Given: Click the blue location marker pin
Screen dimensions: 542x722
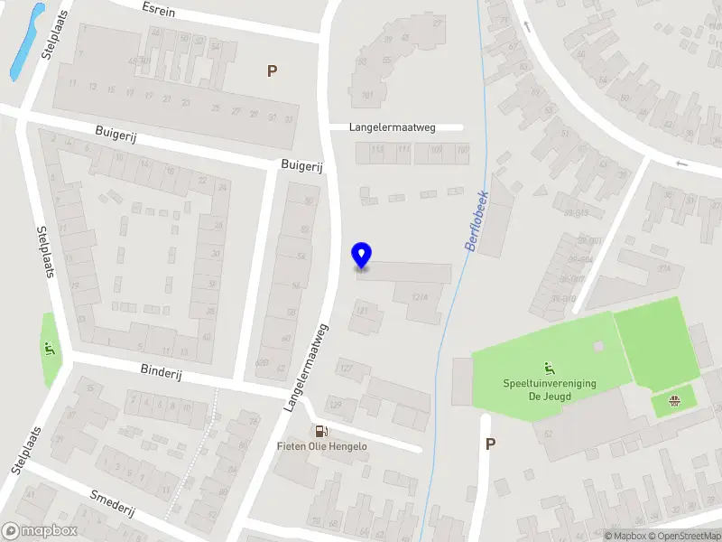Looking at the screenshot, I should click(x=362, y=256).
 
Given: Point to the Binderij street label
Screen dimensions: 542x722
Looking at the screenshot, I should click(x=162, y=371).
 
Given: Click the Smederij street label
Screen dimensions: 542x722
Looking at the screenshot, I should click(x=113, y=502).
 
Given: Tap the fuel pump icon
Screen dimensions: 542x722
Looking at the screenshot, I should click(x=320, y=431).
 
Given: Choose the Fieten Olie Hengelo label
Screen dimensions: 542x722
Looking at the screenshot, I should click(x=321, y=446).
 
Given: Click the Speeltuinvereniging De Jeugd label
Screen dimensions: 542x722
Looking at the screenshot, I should click(x=549, y=389).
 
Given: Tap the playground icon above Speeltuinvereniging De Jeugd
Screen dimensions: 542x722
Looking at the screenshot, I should click(x=548, y=368).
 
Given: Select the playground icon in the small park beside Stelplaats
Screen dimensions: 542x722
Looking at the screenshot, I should click(x=48, y=348).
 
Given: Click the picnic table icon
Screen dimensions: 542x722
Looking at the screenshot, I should click(x=673, y=400).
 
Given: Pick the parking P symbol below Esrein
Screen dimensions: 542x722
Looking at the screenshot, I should click(x=272, y=70).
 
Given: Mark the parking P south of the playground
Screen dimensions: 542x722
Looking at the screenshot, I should click(x=490, y=444).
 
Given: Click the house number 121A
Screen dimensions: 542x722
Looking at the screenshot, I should click(x=419, y=296).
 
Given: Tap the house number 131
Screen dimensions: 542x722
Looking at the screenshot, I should click(x=363, y=310).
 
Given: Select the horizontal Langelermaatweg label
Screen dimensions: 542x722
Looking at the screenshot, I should click(x=393, y=127).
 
